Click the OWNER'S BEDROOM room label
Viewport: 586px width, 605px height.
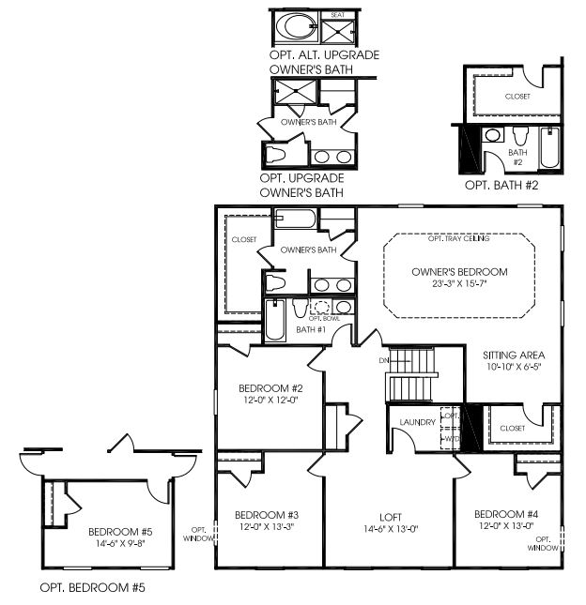[x=459, y=272]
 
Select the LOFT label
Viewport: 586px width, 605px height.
[x=391, y=515]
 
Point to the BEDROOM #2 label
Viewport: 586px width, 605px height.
[x=269, y=388]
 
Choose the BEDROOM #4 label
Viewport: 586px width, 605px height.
[x=505, y=514]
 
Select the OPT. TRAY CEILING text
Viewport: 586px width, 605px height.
[x=459, y=239]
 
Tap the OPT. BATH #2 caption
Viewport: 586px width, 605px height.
[x=501, y=186]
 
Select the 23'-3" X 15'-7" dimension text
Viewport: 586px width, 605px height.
[x=459, y=284]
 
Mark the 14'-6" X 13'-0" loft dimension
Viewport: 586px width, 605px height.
[x=391, y=528]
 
